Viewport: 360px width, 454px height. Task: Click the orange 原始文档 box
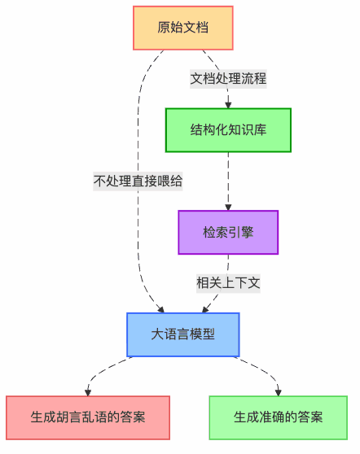click(183, 28)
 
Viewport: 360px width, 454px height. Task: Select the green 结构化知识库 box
click(228, 130)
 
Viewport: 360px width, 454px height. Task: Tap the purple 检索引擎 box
click(228, 232)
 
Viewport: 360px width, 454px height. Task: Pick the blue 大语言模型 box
click(183, 334)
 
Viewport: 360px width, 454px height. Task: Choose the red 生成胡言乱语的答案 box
click(88, 417)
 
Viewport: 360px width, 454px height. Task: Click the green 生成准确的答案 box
click(279, 417)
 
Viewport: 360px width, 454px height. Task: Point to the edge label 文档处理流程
click(228, 79)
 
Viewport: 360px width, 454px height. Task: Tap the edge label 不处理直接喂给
click(138, 181)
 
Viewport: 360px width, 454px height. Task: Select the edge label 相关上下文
click(228, 283)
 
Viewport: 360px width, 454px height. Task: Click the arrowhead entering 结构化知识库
click(228, 105)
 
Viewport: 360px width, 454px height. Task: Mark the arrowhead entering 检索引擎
click(228, 207)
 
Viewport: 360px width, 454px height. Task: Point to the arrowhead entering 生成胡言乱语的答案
click(88, 392)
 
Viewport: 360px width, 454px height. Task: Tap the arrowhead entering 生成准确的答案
click(279, 392)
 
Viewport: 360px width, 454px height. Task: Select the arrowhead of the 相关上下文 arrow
click(205, 309)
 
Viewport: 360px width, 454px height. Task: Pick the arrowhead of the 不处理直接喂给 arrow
click(161, 309)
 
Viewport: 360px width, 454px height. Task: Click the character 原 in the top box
click(164, 28)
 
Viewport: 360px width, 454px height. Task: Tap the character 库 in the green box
click(260, 129)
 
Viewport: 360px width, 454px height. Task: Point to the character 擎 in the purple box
click(248, 232)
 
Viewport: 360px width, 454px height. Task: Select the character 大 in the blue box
click(157, 334)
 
